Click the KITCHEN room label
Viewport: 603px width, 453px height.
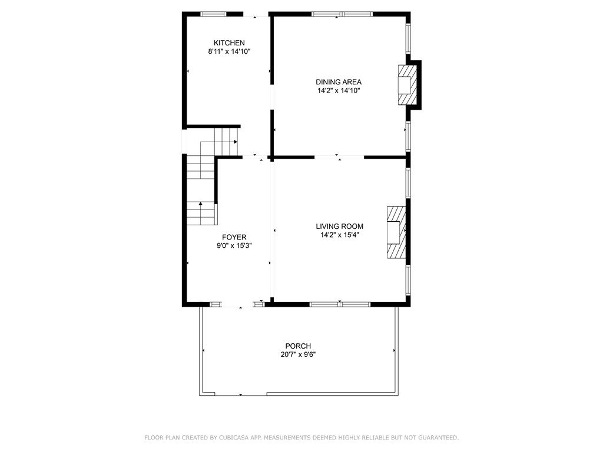tap(229, 42)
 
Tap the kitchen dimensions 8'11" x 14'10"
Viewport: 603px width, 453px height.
tap(229, 52)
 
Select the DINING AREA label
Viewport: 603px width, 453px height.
tap(339, 82)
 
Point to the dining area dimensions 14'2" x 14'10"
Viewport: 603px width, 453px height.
tap(339, 91)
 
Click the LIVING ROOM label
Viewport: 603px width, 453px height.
tap(340, 226)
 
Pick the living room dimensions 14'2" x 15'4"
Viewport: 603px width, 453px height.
tap(340, 235)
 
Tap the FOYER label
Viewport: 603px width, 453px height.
tap(234, 237)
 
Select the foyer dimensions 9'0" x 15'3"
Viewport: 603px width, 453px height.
tap(234, 246)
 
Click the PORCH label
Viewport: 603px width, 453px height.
tap(298, 346)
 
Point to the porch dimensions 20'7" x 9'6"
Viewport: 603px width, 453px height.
tap(298, 354)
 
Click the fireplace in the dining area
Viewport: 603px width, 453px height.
tap(407, 85)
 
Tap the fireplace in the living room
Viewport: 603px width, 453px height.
tap(396, 232)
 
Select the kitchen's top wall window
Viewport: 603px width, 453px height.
tap(213, 14)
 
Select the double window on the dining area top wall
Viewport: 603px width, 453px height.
tap(342, 14)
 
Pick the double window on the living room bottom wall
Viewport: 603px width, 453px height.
tap(340, 304)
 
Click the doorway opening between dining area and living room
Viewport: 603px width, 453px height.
tap(339, 157)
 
